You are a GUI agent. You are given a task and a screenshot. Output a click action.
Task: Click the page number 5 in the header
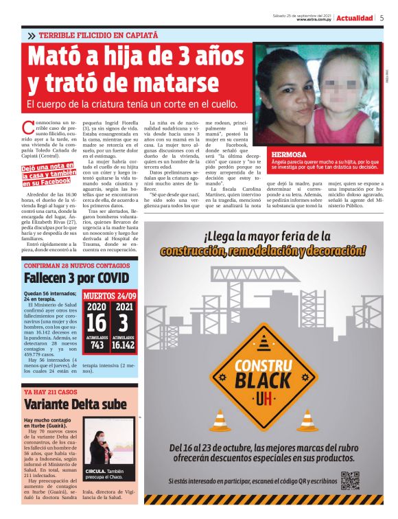click(x=382, y=19)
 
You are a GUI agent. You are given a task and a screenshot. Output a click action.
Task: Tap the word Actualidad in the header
click(x=355, y=19)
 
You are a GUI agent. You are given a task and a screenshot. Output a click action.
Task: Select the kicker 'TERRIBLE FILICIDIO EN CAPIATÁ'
click(x=97, y=35)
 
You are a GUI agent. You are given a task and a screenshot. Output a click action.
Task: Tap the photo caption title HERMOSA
click(x=288, y=154)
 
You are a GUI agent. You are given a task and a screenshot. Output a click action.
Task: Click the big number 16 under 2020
click(x=97, y=322)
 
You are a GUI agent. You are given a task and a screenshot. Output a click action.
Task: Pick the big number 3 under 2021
click(x=124, y=322)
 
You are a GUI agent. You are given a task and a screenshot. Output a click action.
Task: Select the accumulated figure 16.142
click(x=124, y=346)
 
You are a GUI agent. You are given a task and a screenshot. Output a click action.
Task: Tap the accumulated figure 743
click(x=97, y=346)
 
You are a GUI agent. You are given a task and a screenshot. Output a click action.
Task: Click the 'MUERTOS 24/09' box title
click(x=110, y=297)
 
